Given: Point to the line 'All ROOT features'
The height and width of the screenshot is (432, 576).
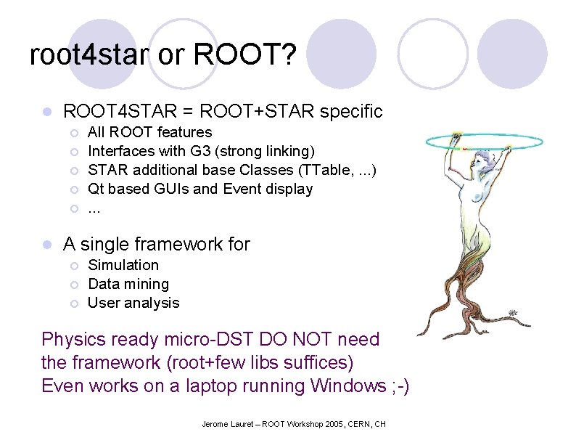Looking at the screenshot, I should tap(149, 132).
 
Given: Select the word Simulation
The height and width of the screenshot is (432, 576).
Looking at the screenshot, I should tap(123, 265).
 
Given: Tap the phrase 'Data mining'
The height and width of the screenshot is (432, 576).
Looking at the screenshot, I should tap(128, 284).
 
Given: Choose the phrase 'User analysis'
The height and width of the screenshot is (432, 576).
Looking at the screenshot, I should tap(133, 303).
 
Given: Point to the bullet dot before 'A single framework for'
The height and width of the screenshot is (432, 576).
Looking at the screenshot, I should tap(46, 245).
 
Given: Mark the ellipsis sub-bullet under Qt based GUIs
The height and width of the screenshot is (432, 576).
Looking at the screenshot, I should tap(94, 208).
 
